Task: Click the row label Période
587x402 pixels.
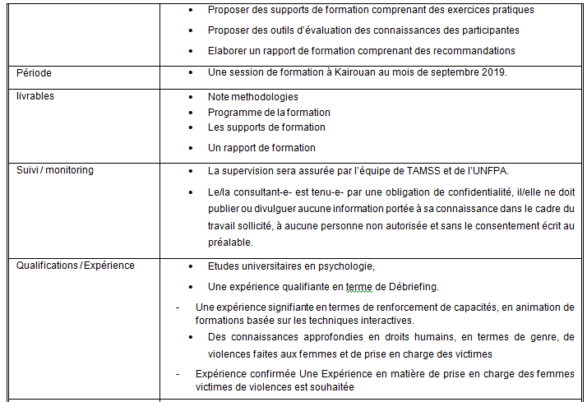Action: [35, 73]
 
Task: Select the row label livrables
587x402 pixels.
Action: [35, 96]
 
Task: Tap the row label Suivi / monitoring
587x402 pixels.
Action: [55, 170]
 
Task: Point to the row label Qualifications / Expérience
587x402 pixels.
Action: [75, 266]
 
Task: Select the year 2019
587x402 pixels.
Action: [492, 72]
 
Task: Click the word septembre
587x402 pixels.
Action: [450, 72]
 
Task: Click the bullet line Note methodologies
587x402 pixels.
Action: [252, 97]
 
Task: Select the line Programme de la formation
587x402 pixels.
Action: [269, 112]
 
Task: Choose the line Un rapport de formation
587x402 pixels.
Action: [261, 148]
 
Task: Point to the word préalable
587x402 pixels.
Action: [231, 243]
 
